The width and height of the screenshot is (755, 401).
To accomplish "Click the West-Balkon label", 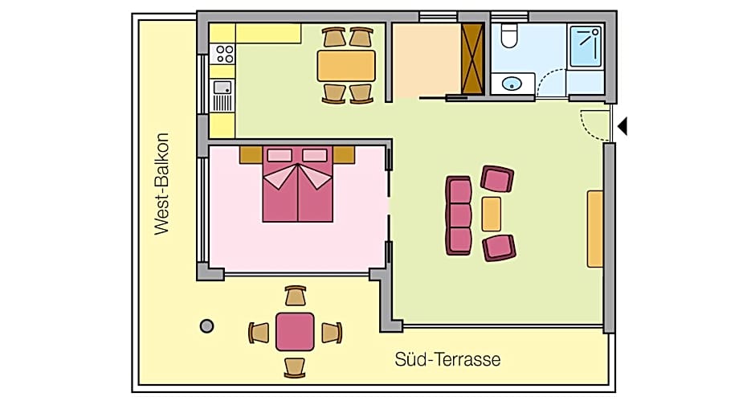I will point(162,183).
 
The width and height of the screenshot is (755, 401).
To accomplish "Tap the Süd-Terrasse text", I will point(447,359).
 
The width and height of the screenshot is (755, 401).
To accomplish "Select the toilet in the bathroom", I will point(509,35).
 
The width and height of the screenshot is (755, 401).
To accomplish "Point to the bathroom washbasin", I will point(512,83).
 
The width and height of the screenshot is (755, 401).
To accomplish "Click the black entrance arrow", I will point(622,126).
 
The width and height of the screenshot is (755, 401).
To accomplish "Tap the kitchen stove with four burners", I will point(224,55).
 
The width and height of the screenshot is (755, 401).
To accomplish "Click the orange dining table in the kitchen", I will point(346,65).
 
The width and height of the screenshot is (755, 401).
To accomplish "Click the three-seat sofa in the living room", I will point(459,215).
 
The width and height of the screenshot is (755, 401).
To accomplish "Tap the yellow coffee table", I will point(492,213).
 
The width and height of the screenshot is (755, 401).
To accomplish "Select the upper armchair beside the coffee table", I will point(497,178).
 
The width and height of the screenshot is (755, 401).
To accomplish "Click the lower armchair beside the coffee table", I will point(499,247).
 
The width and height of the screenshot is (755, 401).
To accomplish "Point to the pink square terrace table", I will point(295,331).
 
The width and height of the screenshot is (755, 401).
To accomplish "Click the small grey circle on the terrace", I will point(206,325).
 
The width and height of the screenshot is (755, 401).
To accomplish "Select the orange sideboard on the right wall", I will point(595,229).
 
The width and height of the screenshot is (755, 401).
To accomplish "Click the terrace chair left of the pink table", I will point(259,332).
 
